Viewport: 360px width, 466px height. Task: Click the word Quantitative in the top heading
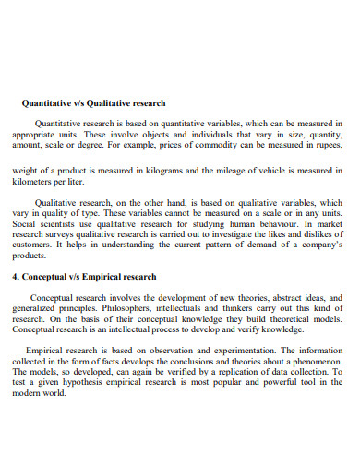pyautogui.click(x=47, y=102)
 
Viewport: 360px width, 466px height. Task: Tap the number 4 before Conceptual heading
pyautogui.click(x=14, y=276)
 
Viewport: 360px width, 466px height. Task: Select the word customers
pyautogui.click(x=30, y=246)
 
